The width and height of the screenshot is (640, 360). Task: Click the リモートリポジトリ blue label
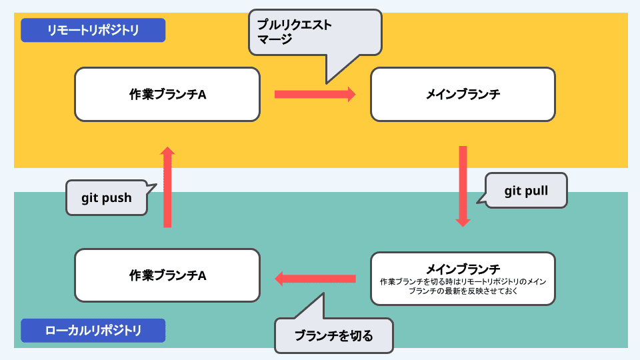click(93, 30)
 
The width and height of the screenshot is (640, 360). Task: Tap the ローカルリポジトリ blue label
click(93, 331)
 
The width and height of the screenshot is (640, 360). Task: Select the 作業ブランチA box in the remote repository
click(167, 94)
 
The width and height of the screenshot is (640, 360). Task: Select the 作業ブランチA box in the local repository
click(167, 275)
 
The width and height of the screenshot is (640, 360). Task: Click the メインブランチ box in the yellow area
click(463, 94)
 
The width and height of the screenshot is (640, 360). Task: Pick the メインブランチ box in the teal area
click(463, 278)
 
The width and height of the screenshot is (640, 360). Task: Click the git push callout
click(107, 198)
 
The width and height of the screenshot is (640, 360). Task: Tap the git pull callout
click(526, 191)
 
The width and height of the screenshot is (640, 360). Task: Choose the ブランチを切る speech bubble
click(334, 335)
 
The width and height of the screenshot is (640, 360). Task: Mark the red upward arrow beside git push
click(167, 187)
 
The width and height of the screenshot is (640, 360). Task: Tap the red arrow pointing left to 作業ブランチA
click(315, 278)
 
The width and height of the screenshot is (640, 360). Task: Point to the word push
click(117, 198)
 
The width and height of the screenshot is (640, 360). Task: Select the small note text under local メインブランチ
click(463, 287)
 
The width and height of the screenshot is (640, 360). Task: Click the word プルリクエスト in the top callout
click(295, 25)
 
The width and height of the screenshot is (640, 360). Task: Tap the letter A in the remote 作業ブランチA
click(202, 95)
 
